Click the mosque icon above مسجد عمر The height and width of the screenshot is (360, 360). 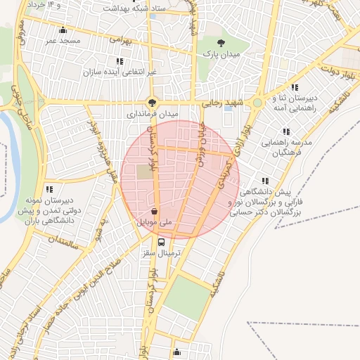pyautogui.click(x=64, y=30)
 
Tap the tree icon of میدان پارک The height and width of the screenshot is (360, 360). pyautogui.click(x=221, y=42)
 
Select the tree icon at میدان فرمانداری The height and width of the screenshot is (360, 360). pyautogui.click(x=153, y=101)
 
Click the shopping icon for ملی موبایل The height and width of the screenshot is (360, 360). pyautogui.click(x=154, y=211)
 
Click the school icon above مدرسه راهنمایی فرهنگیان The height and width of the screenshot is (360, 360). pyautogui.click(x=285, y=131)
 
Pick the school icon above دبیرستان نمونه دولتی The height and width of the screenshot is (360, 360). pyautogui.click(x=50, y=189)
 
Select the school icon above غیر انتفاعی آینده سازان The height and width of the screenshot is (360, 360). pyautogui.click(x=129, y=61)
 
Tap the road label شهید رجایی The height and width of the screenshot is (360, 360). pyautogui.click(x=221, y=103)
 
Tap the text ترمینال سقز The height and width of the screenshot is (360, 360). pyautogui.click(x=162, y=252)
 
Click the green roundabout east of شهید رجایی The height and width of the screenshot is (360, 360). pyautogui.click(x=258, y=103)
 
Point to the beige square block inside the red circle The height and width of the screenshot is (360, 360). pyautogui.click(x=144, y=172)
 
